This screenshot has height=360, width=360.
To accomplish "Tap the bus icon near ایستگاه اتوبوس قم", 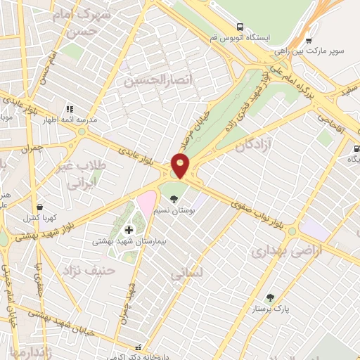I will tap(240, 26).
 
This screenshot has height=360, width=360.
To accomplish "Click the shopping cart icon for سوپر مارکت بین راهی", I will tap(310, 40).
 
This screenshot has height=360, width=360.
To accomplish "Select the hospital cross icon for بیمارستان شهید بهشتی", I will tap(129, 230).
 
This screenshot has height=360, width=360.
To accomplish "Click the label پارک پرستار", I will tap(271, 309).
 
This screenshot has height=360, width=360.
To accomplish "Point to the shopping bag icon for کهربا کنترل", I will tap(40, 207).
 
